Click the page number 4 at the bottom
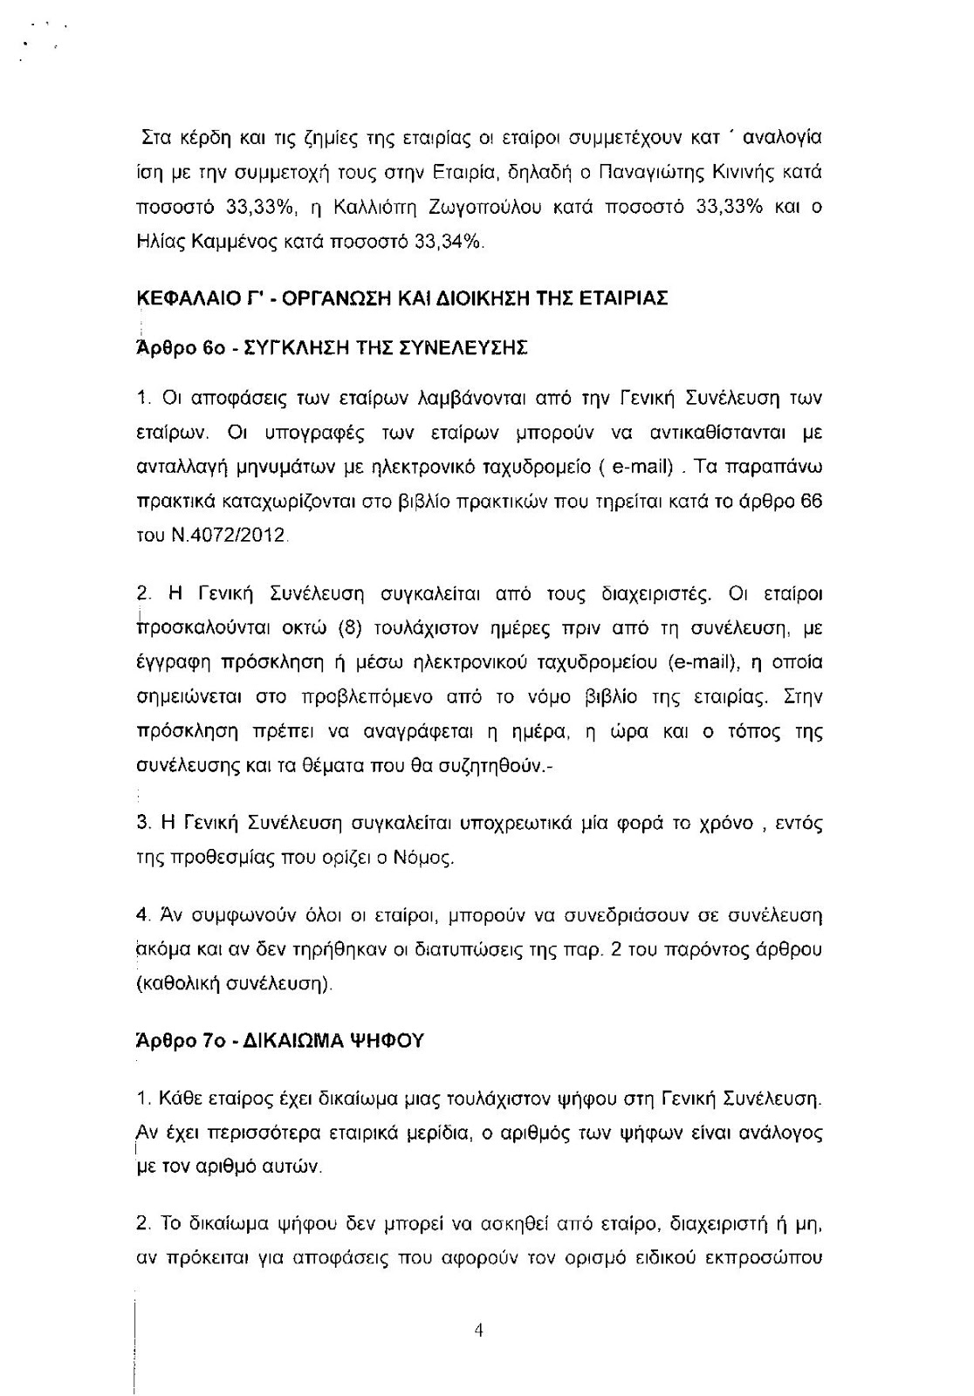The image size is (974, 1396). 478,1331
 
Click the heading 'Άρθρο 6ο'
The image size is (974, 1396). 169,348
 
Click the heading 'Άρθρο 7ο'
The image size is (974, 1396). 169,1041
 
